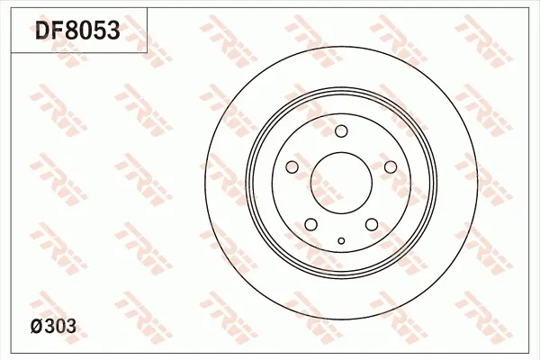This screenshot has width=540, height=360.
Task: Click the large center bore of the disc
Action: click(x=341, y=181)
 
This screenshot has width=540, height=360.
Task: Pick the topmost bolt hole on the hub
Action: click(x=341, y=133)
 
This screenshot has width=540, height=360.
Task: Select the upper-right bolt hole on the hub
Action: click(x=390, y=167)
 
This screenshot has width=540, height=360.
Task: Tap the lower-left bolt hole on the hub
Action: click(x=311, y=224)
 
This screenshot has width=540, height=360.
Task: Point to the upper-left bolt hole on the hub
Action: click(x=292, y=167)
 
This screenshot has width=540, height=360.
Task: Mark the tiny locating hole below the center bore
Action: click(x=341, y=240)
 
